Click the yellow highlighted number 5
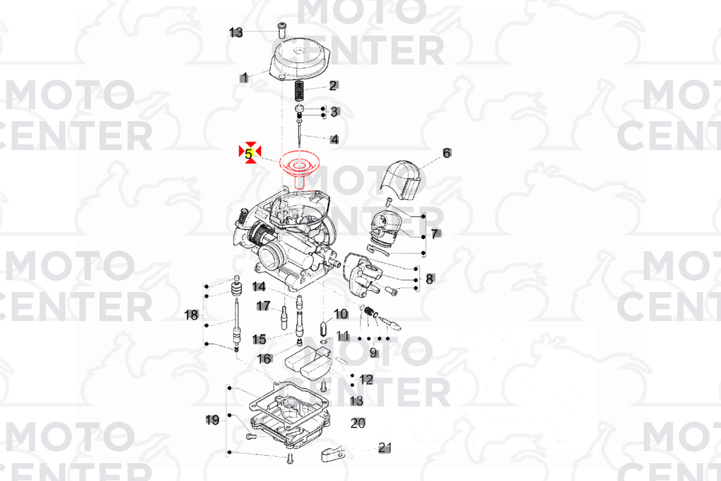point(249,154)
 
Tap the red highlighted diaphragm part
point(300,165)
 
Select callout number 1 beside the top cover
point(244,77)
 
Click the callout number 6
point(447,153)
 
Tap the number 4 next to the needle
point(335,139)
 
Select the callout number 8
point(429,279)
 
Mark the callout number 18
point(191,315)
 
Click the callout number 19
point(212,420)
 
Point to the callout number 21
point(385,448)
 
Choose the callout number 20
point(358,423)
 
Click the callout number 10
point(341,314)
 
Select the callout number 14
point(259,287)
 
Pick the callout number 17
point(263,306)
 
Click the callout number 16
point(264,359)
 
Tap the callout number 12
point(366,380)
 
